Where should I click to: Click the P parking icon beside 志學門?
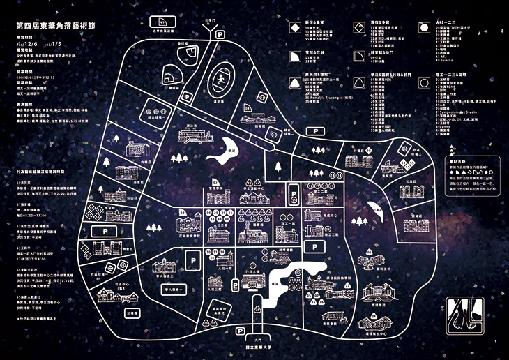(220, 33)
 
